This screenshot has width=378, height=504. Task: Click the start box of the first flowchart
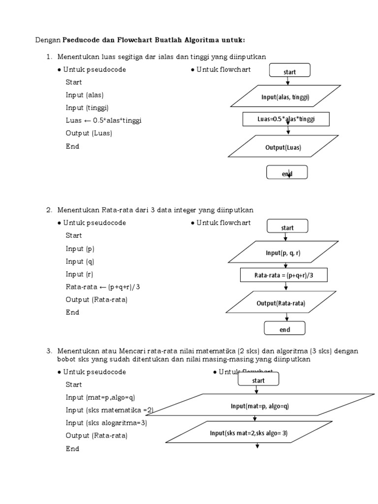[x=289, y=71]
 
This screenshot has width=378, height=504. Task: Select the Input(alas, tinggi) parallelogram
[x=285, y=97]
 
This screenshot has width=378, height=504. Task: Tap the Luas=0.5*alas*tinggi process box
[x=285, y=120]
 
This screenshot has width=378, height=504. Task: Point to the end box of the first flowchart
[x=286, y=173]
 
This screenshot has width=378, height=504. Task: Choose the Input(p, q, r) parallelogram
[x=283, y=252]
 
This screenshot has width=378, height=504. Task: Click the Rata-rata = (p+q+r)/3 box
[x=283, y=276]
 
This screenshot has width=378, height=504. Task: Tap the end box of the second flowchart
[x=284, y=329]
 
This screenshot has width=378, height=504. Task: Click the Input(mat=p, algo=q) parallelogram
[x=259, y=406]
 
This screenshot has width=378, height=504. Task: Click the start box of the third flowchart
[x=258, y=380]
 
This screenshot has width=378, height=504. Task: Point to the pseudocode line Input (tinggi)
[x=87, y=108]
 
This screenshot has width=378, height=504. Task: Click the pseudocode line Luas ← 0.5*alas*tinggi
[x=103, y=121]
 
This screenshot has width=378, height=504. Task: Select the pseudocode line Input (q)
[x=79, y=261]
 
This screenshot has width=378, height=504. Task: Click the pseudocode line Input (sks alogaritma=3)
[x=106, y=423]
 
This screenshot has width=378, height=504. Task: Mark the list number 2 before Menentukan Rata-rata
[x=49, y=210]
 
